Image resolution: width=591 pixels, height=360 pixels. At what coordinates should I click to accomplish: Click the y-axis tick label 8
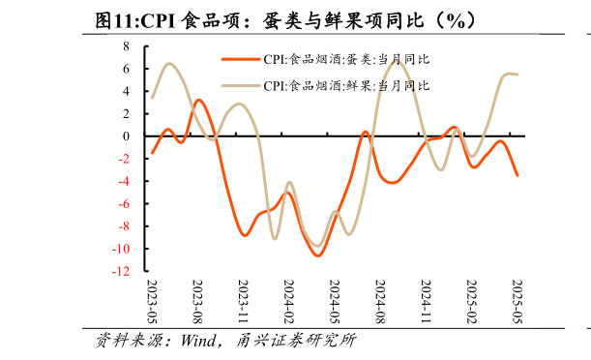point(126,46)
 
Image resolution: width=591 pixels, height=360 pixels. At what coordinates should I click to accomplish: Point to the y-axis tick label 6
point(126,69)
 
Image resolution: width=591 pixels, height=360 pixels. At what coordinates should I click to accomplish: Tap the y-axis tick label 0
point(126,136)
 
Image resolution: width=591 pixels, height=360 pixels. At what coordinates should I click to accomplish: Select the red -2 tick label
point(124,159)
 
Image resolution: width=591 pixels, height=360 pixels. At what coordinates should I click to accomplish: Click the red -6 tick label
point(124,204)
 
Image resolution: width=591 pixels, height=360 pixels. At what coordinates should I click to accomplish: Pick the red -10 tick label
point(121,249)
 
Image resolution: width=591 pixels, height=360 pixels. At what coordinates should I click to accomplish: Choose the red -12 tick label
point(121,272)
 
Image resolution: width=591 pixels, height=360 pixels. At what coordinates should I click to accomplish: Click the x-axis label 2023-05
point(152,304)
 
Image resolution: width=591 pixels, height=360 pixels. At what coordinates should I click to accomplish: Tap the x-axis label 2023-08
point(197,304)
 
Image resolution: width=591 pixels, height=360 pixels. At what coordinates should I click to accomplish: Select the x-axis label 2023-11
point(243,304)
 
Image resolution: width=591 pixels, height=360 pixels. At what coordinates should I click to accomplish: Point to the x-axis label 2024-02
point(288,304)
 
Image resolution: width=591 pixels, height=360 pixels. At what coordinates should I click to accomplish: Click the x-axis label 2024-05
point(335,304)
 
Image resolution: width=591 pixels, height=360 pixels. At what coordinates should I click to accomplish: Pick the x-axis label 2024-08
point(380,304)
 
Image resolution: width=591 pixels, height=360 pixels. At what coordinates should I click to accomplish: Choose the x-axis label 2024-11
point(426,304)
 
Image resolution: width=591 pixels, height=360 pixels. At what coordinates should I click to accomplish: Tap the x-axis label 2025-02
point(471,304)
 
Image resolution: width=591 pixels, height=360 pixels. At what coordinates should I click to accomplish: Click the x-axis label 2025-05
point(517,304)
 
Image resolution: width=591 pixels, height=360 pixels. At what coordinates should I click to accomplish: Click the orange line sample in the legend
point(240,59)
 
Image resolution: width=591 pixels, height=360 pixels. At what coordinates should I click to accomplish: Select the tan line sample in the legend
point(240,85)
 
